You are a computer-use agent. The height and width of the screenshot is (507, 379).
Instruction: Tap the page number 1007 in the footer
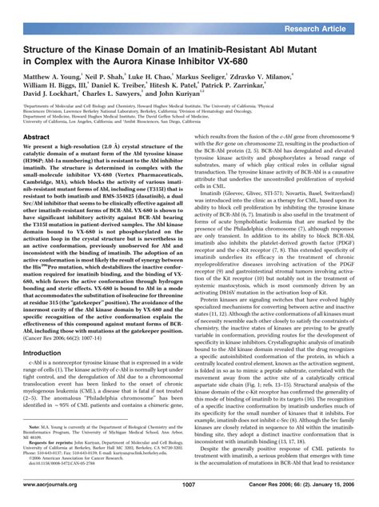pos(189,485)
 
